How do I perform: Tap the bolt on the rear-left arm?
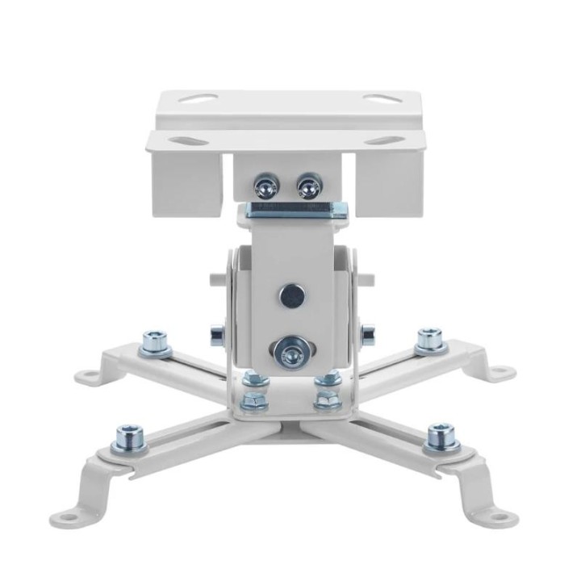coord(156,343)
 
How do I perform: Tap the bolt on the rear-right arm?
coord(429,341)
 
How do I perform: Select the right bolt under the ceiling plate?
coord(307,188)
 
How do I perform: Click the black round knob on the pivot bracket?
coord(290,296)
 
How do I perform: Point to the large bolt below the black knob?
coord(288,350)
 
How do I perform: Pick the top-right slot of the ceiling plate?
coord(376,99)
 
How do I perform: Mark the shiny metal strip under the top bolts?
coord(298,211)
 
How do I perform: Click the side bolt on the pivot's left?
coord(215,332)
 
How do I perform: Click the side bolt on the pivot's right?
coord(367,331)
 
